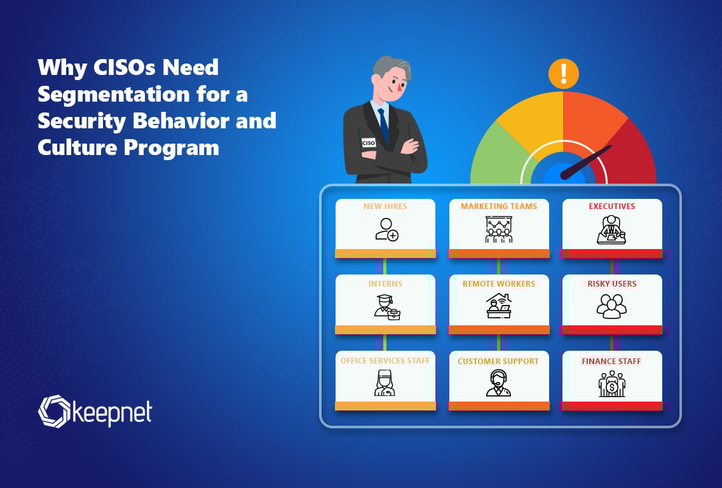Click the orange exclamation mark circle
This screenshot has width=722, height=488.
(x=563, y=74)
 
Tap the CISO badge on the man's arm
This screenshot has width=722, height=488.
(x=369, y=143)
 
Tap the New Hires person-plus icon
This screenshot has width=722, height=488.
(x=386, y=229)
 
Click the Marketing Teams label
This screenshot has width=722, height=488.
(x=499, y=207)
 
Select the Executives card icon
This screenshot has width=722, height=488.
(x=611, y=229)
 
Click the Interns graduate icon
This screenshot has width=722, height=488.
(x=387, y=307)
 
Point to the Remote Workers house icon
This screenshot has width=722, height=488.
(x=499, y=306)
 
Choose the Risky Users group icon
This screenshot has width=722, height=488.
(x=611, y=306)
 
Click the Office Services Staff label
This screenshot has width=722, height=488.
(x=385, y=360)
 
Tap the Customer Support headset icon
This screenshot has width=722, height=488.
(x=498, y=383)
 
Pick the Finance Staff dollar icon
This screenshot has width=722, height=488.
(x=611, y=384)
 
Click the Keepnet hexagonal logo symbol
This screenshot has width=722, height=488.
(x=54, y=411)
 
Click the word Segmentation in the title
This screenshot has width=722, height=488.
(x=113, y=95)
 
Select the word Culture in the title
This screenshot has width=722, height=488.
(x=77, y=147)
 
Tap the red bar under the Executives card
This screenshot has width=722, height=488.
(x=611, y=253)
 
